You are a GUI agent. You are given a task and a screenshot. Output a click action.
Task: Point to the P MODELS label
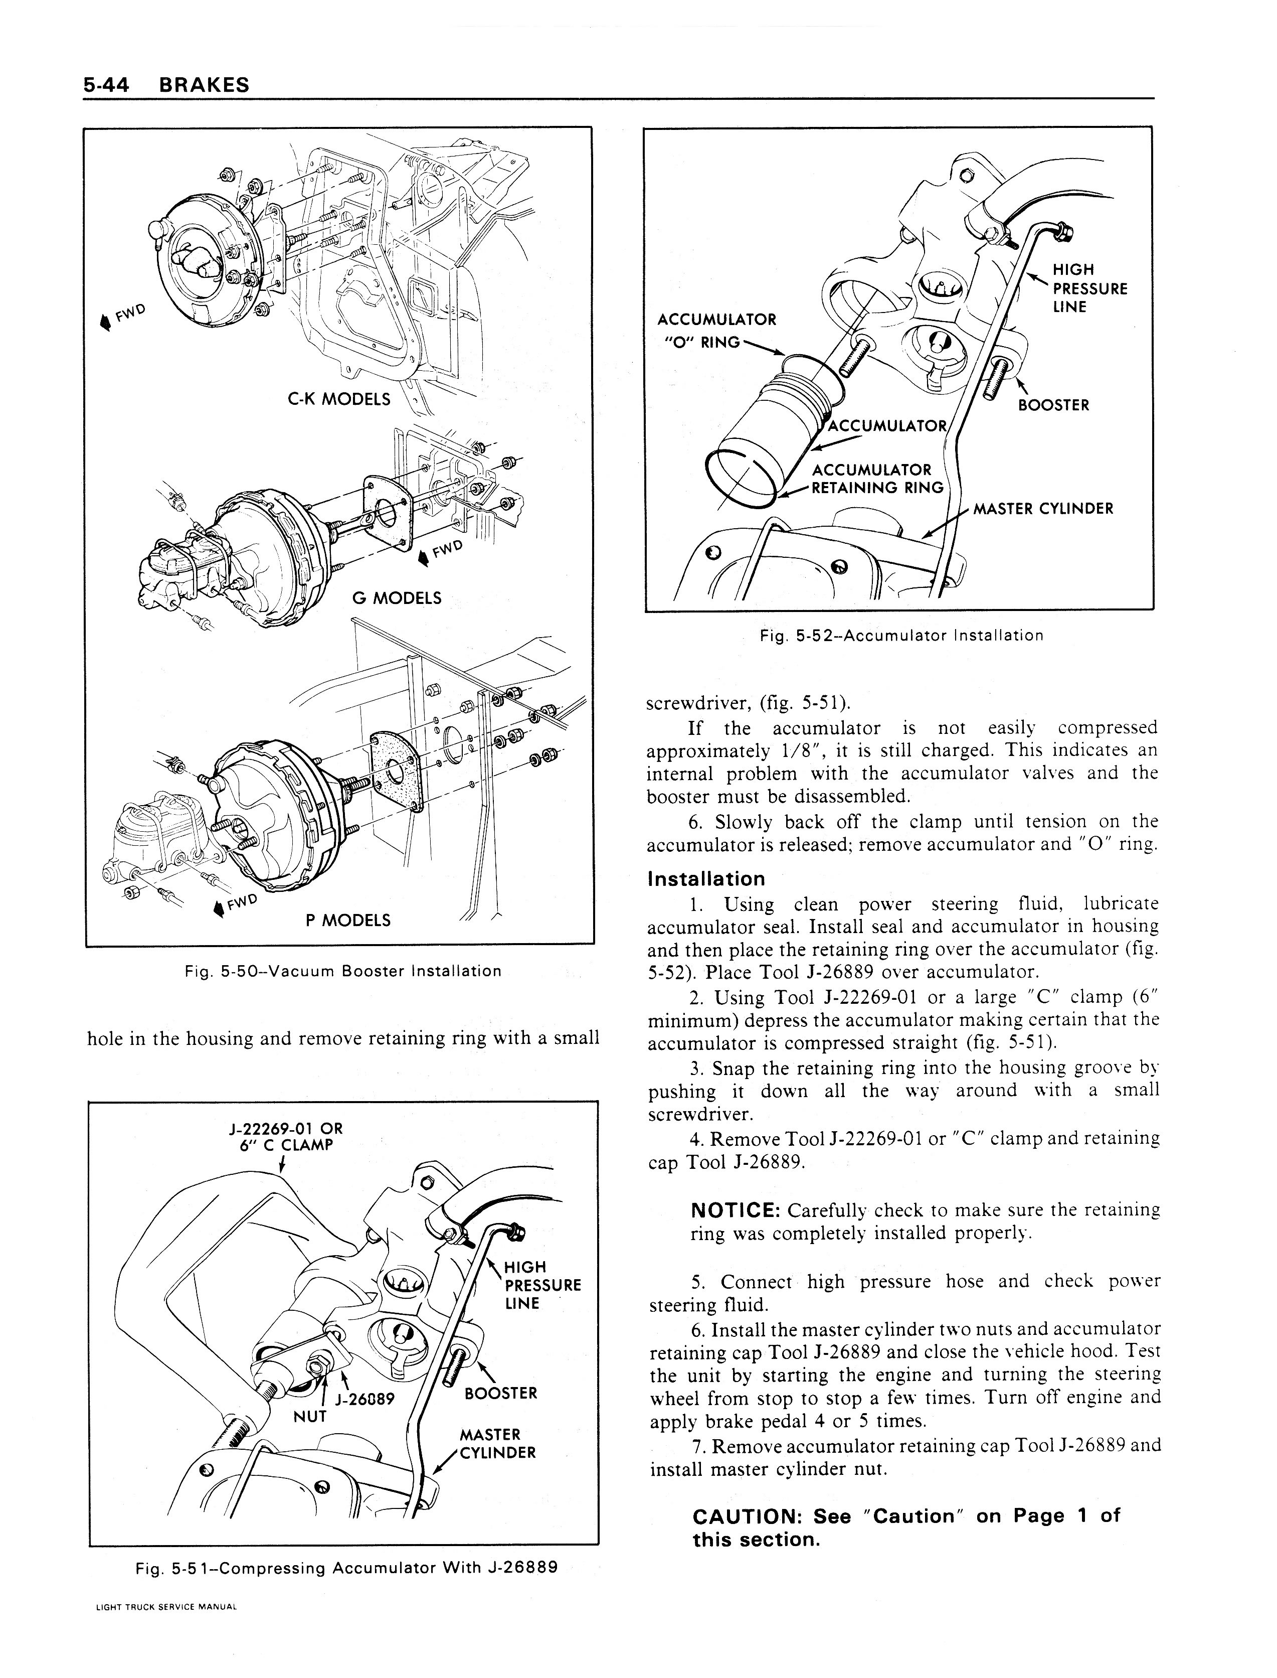pyautogui.click(x=347, y=921)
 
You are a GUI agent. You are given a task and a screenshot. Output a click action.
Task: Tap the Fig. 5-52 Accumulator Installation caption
pyautogui.click(x=901, y=635)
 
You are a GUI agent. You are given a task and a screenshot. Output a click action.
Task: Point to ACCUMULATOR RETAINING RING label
pyautogui.click(x=876, y=479)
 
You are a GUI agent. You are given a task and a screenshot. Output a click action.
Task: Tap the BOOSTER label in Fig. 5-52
pyautogui.click(x=1053, y=405)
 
